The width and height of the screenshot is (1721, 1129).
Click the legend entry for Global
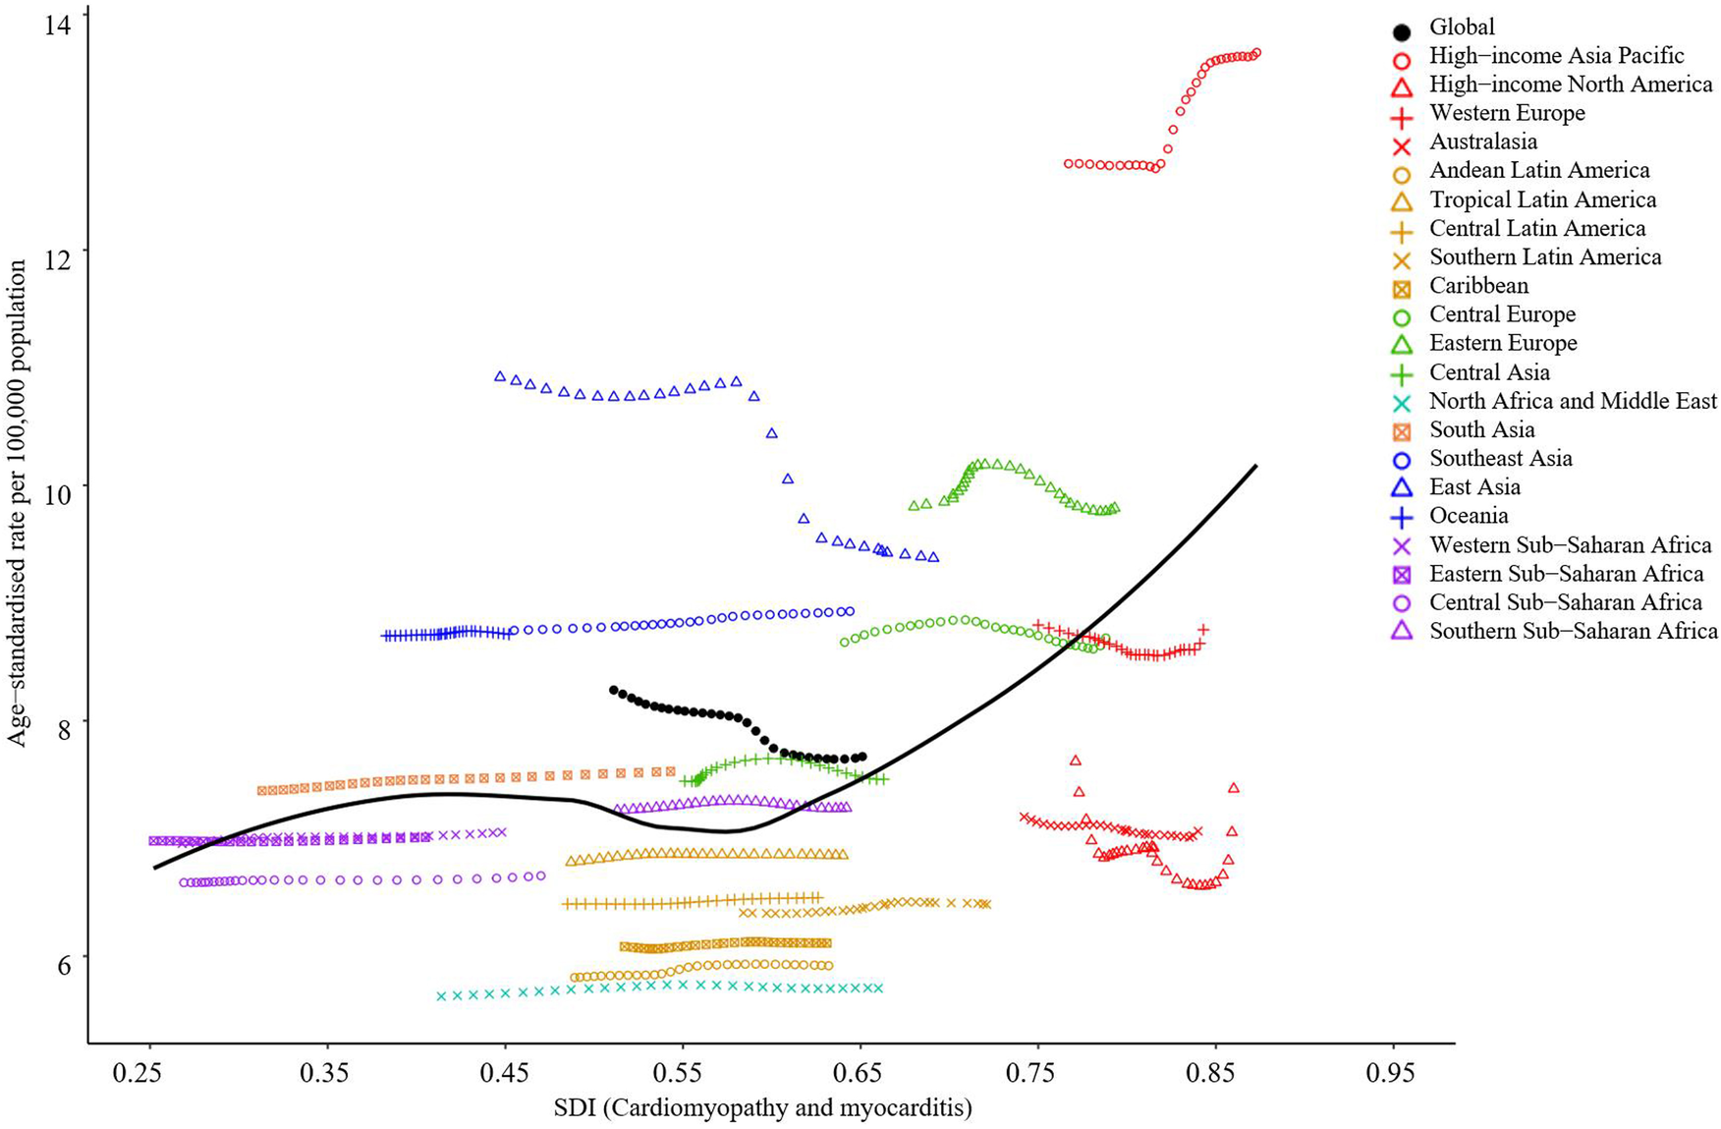(1462, 28)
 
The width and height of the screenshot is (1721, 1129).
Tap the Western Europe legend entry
(1507, 113)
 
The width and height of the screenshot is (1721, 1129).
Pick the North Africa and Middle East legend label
(1573, 401)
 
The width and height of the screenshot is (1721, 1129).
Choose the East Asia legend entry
(1474, 487)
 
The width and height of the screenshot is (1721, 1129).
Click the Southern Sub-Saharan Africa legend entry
(1573, 631)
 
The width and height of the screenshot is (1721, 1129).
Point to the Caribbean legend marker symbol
(1402, 288)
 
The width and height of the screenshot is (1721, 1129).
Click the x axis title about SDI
(762, 1108)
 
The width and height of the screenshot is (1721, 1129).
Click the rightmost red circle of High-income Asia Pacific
(1256, 53)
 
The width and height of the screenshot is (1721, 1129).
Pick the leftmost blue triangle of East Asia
(499, 376)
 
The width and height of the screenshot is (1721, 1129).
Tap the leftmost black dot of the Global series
(614, 690)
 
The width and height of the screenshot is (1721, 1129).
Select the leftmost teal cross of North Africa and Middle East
(441, 995)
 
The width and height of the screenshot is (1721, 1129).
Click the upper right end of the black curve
(1255, 466)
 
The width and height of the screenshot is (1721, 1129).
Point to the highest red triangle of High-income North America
(1075, 760)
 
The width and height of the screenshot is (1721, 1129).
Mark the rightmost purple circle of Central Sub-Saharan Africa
(540, 875)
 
